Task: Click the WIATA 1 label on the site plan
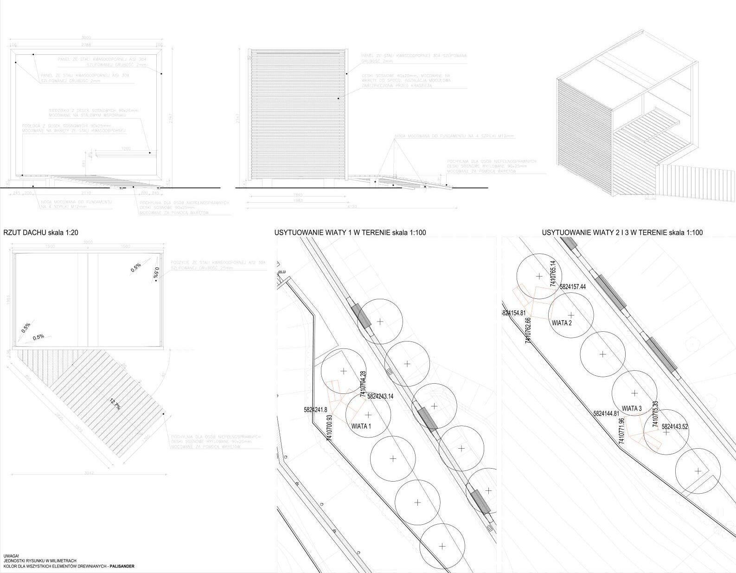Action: pos(361,426)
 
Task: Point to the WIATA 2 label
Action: pos(562,323)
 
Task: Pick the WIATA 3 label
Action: pos(632,409)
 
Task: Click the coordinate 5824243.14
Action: pos(380,397)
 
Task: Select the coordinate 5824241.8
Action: pos(315,410)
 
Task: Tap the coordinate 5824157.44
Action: pos(573,287)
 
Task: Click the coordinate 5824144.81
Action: pos(607,413)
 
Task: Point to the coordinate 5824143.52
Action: pos(675,426)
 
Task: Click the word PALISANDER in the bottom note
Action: pos(122,567)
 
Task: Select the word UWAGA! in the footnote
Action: pos(11,556)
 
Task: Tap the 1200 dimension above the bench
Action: pos(126,149)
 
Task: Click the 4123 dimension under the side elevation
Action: pos(352,207)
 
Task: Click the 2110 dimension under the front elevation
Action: pos(86,193)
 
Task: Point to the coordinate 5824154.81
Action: pos(515,313)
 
